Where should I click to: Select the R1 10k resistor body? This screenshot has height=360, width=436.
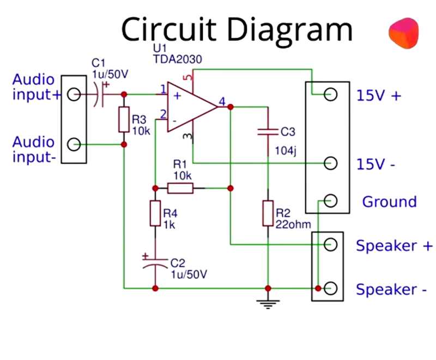pyautogui.click(x=180, y=188)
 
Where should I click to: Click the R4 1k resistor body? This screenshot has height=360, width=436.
pyautogui.click(x=155, y=214)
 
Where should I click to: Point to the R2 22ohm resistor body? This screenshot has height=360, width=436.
pyautogui.click(x=268, y=213)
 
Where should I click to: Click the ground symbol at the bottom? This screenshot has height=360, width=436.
pyautogui.click(x=268, y=303)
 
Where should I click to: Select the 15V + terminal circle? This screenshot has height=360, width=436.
pyautogui.click(x=329, y=95)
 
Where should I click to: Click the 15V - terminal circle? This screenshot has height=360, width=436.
pyautogui.click(x=329, y=162)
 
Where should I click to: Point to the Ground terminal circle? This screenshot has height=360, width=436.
pyautogui.click(x=329, y=200)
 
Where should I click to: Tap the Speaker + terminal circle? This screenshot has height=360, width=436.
pyautogui.click(x=329, y=245)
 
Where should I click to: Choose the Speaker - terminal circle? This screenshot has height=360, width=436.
pyautogui.click(x=329, y=288)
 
